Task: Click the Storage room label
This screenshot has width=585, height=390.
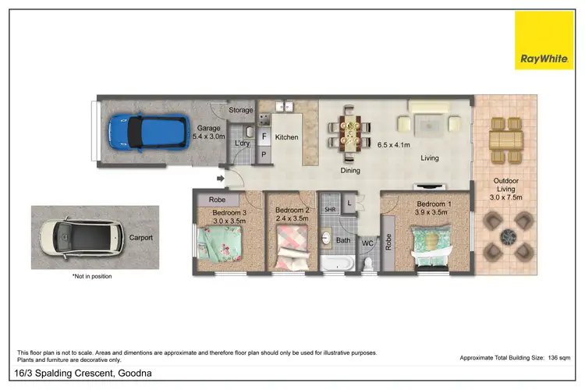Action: point(241,111)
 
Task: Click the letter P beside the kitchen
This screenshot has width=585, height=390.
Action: point(264,154)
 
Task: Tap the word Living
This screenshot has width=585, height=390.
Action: point(429,158)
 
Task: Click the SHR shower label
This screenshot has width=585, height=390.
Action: point(330,210)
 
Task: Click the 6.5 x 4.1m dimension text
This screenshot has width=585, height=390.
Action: point(394,145)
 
